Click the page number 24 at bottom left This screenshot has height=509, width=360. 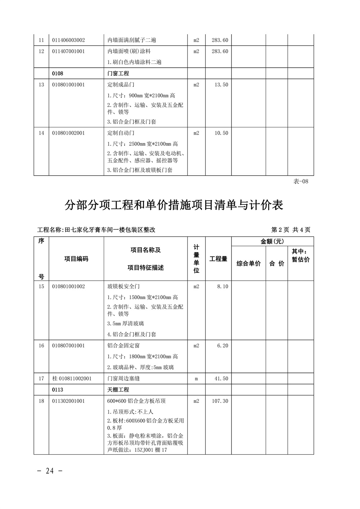pos(50,470)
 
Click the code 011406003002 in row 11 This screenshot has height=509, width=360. pos(68,40)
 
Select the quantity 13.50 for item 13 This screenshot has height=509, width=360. pos(221,85)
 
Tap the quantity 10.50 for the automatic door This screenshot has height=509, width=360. pos(221,133)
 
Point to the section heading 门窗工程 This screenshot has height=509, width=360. pos(118,73)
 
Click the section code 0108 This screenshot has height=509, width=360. pos(58,73)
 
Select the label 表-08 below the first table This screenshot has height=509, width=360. pos(301,181)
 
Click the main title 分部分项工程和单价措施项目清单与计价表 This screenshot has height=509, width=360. pos(174,205)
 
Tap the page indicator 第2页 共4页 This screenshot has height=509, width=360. pos(291,230)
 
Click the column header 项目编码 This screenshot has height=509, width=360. pos(76,259)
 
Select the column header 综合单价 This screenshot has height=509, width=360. pos(248,263)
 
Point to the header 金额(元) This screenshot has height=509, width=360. pos(273,242)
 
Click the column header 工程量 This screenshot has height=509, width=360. pos(219,259)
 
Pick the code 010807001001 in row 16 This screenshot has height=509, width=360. pos(68,346)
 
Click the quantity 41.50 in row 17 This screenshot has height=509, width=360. pos(221,379)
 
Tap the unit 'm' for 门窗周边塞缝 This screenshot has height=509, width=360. pos(196,379)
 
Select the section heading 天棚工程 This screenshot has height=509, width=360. pos(118,390)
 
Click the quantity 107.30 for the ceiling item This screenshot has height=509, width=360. pos(220,401)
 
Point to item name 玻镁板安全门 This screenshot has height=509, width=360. pos(123,287)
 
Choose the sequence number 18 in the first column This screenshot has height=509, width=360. pos(41,401)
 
